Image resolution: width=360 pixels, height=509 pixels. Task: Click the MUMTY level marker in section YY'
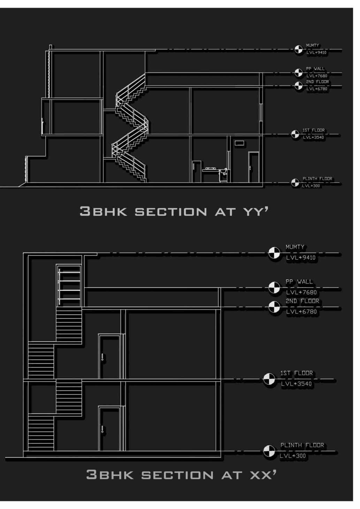coord(298,49)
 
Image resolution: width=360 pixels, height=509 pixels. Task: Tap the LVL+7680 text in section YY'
coord(317,76)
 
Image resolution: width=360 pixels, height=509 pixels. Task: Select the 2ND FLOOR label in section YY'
coord(317,82)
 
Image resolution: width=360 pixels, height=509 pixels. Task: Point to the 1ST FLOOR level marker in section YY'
coord(295,134)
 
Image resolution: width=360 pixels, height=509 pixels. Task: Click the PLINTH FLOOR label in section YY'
coord(317,179)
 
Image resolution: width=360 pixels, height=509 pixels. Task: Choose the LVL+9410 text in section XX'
coord(301,258)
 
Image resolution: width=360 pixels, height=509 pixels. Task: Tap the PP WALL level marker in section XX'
coord(274,288)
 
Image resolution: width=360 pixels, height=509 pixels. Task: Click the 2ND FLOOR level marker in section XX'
coord(274,307)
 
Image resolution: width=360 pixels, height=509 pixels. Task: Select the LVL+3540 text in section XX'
coord(296,384)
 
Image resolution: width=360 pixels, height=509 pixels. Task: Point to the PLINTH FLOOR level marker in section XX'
coord(269,451)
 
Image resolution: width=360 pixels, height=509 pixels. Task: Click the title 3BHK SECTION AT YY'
coord(174,211)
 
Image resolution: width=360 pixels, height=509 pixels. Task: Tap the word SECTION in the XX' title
coord(177,475)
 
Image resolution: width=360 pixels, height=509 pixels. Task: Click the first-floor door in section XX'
coord(109,356)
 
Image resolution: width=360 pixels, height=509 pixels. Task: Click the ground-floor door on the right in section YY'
coord(253,167)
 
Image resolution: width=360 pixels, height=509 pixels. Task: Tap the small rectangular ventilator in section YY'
coord(239,143)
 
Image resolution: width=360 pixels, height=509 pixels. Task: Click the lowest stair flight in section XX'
coord(41,432)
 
